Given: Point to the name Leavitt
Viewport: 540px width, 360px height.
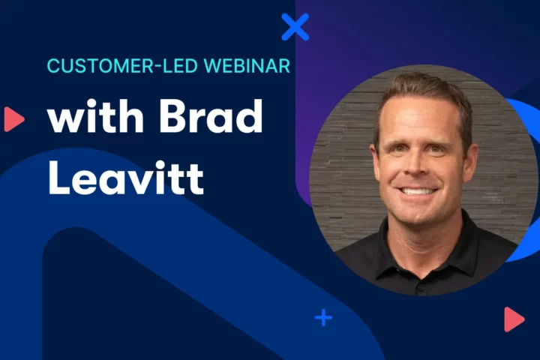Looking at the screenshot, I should pos(126,177).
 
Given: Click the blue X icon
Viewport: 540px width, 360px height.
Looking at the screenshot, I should pos(295,27).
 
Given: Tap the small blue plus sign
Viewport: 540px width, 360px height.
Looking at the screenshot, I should pos(323,318).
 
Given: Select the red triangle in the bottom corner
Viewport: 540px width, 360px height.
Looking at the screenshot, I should pos(514,319).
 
